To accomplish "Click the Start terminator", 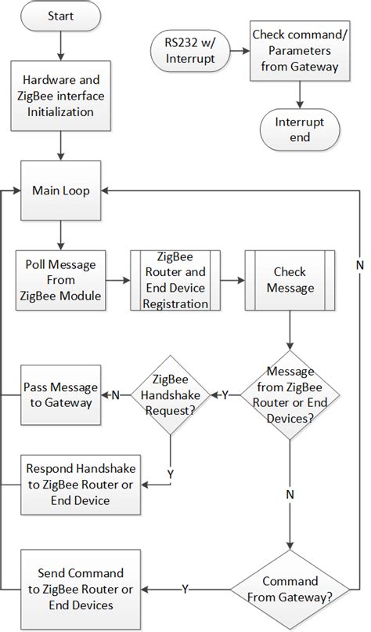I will pos(61,16).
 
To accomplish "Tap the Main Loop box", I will pos(60,191).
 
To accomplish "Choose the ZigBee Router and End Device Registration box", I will pos(176,279).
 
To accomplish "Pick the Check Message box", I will pos(291,279).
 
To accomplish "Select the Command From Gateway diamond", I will pos(290,589).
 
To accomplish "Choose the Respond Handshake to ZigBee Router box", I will pos(81,483).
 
